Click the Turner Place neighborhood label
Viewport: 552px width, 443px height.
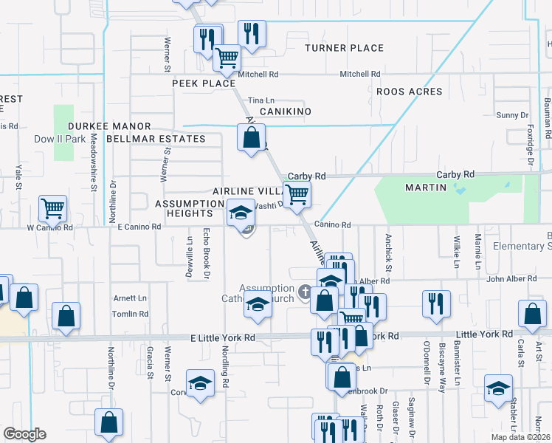(x=345, y=48)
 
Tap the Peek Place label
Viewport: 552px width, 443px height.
(x=204, y=83)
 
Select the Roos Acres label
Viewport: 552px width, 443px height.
(x=409, y=92)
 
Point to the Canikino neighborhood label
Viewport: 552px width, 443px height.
(x=285, y=111)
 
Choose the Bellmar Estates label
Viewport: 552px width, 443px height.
(x=156, y=139)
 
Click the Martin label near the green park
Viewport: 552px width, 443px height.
(x=426, y=188)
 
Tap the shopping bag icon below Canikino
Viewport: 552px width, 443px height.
(x=252, y=137)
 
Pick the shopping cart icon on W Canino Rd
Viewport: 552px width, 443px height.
(x=52, y=208)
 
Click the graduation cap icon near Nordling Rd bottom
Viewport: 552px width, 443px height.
(x=200, y=383)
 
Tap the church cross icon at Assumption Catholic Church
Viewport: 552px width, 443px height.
(x=304, y=293)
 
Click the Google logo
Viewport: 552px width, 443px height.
(x=24, y=434)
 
